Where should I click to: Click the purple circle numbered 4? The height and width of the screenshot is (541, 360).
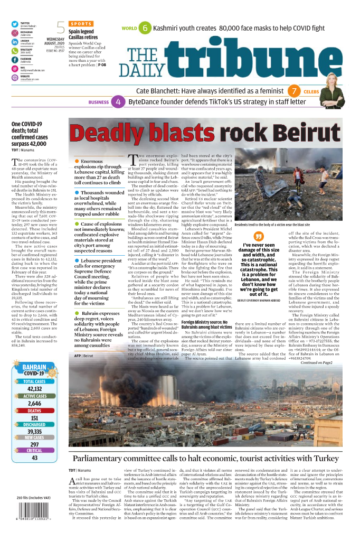pyautogui.click(x=119, y=102)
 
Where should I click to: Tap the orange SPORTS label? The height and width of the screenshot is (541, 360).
pyautogui.click(x=80, y=24)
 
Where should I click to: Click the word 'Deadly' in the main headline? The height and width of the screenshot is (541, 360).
pyautogui.click(x=105, y=135)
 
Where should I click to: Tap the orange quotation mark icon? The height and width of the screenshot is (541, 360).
pyautogui.click(x=259, y=236)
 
